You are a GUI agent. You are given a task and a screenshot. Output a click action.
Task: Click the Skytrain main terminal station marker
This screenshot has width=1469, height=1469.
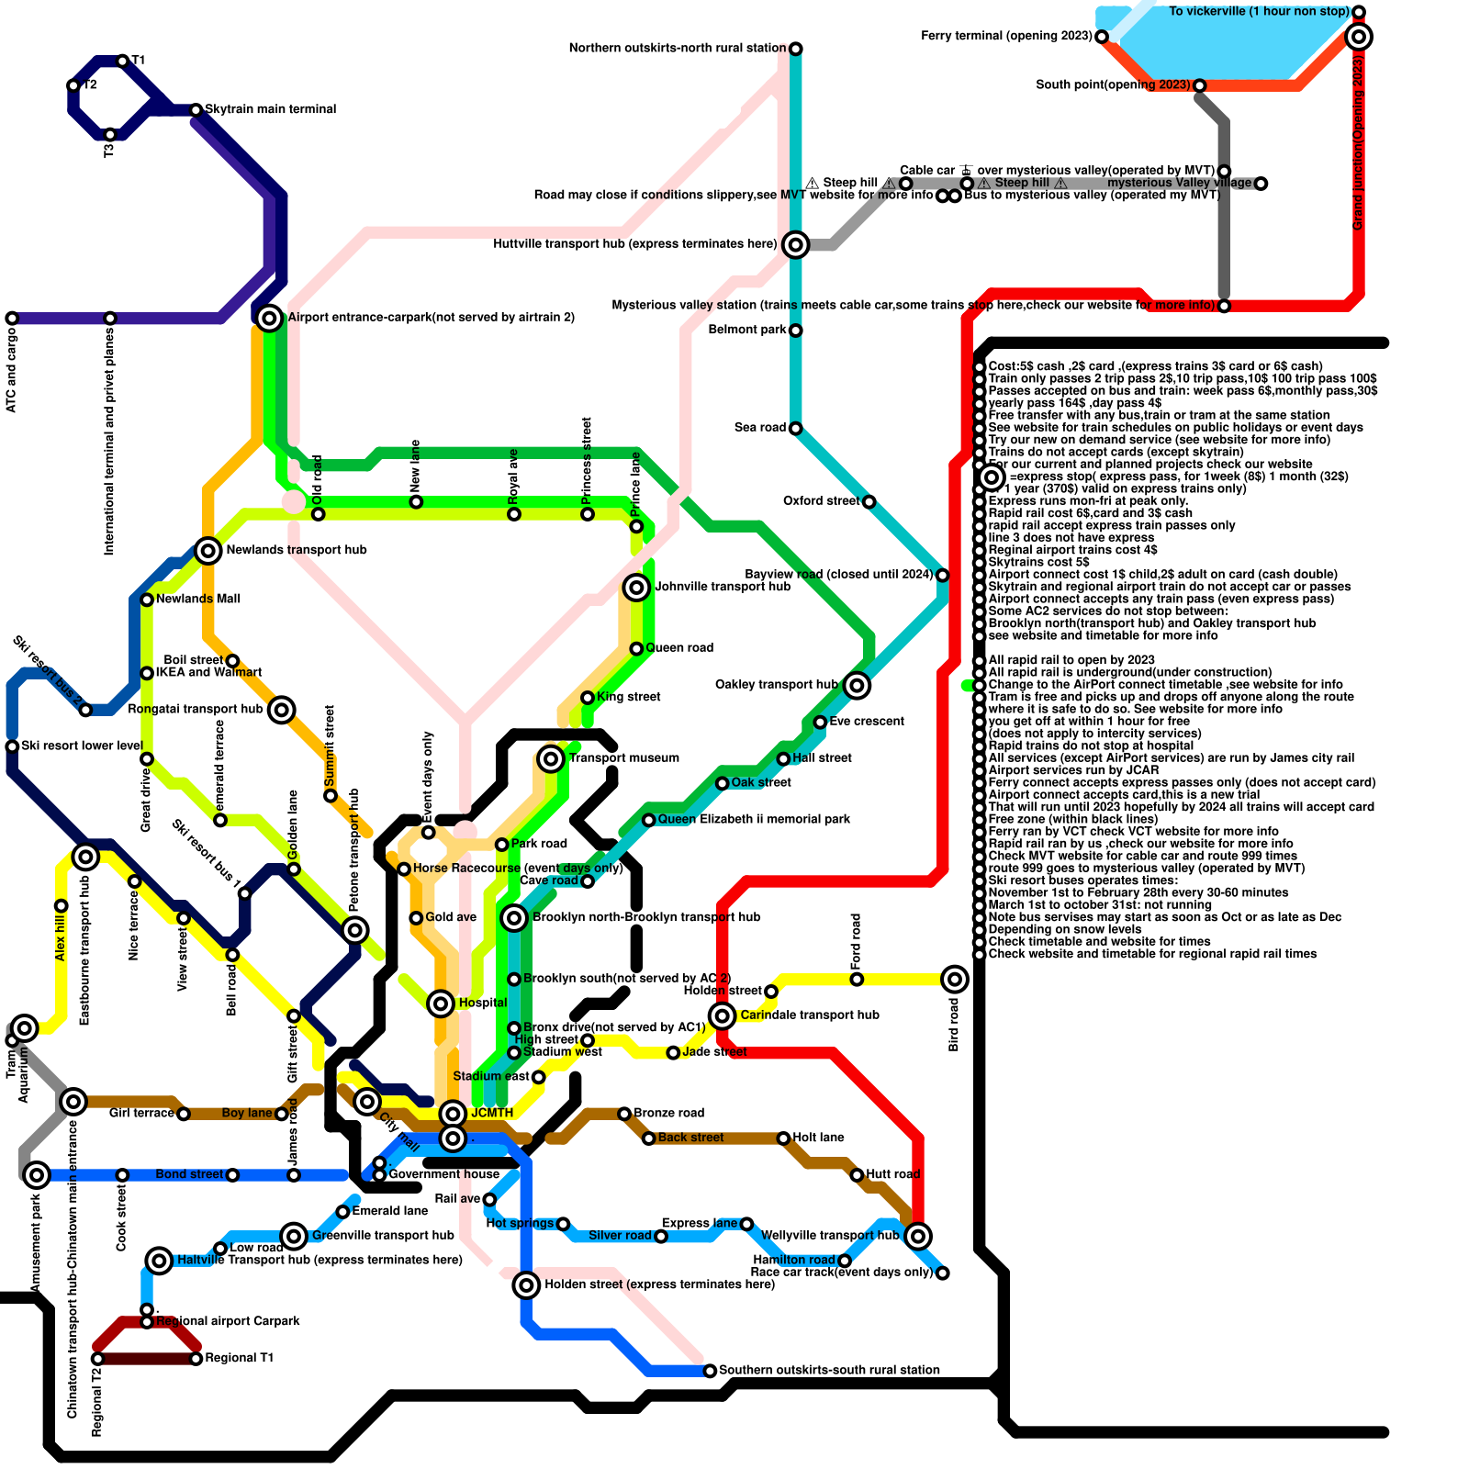pos(196,110)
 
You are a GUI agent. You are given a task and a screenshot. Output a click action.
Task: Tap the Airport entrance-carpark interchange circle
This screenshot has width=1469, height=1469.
pos(269,318)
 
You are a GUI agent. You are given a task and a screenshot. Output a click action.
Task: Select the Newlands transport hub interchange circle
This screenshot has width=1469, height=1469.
pos(208,550)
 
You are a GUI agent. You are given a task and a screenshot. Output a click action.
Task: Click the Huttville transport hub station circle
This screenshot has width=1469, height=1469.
pos(796,244)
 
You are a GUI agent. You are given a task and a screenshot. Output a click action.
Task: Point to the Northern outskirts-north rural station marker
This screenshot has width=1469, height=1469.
pos(796,49)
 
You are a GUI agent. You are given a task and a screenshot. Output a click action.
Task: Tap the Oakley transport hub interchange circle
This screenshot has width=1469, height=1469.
pos(857,685)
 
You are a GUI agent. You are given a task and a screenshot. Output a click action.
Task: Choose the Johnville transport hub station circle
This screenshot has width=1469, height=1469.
pos(636,587)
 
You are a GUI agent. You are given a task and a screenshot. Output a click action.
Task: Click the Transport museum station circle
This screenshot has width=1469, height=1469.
pos(551,758)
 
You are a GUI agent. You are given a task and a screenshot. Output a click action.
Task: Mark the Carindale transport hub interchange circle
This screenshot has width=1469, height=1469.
pos(723,1015)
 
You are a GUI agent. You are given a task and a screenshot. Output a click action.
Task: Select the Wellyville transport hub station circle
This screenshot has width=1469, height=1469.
pos(918,1236)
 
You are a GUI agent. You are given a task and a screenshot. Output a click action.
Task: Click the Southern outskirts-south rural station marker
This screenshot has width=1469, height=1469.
pos(710,1371)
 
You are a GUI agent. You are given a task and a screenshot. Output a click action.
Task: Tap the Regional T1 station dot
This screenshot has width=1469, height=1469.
pos(196,1359)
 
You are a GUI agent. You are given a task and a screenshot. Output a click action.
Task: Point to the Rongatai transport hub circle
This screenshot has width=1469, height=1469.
pos(282,710)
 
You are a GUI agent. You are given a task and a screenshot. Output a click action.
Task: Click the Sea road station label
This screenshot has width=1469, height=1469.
pos(760,428)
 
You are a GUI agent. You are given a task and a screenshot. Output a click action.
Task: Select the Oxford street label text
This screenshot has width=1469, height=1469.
pos(821,501)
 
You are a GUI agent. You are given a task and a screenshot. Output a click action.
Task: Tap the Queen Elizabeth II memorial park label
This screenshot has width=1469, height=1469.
pos(754,819)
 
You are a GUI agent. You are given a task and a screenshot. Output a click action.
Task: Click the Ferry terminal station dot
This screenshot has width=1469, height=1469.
pos(1102,37)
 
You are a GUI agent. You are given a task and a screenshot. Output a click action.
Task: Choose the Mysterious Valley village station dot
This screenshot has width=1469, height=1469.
pos(1262,184)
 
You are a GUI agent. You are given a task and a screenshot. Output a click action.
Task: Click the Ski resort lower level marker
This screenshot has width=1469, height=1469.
pos(12,746)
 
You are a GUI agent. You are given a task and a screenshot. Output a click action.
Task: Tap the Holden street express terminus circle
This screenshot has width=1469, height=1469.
pos(526,1284)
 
